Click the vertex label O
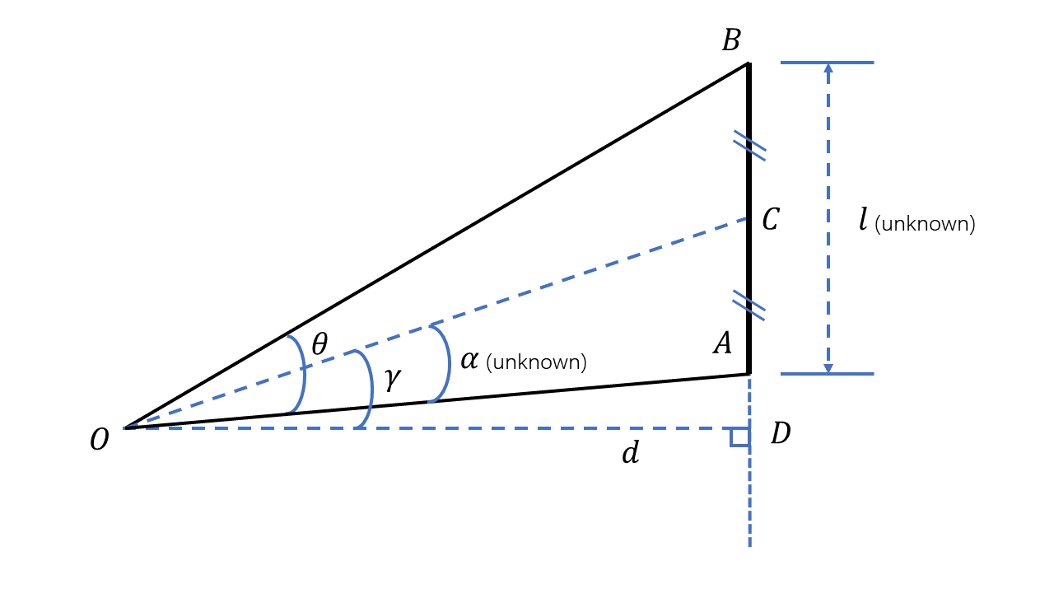(x=99, y=441)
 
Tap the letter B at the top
(x=731, y=41)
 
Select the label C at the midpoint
(x=770, y=220)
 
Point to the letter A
(x=722, y=343)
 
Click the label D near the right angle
(x=781, y=434)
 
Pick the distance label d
(x=630, y=453)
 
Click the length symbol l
(x=863, y=220)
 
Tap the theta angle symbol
(x=319, y=344)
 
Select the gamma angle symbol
(x=392, y=379)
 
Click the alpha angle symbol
(x=469, y=360)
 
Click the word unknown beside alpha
(x=536, y=362)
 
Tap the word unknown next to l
(x=925, y=224)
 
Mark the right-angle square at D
(x=739, y=437)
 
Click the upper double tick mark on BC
(x=749, y=146)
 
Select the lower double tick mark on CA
(x=749, y=306)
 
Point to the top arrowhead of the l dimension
(x=828, y=68)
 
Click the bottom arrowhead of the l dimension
(x=828, y=368)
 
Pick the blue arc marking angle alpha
(x=448, y=363)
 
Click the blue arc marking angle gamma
(x=371, y=387)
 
